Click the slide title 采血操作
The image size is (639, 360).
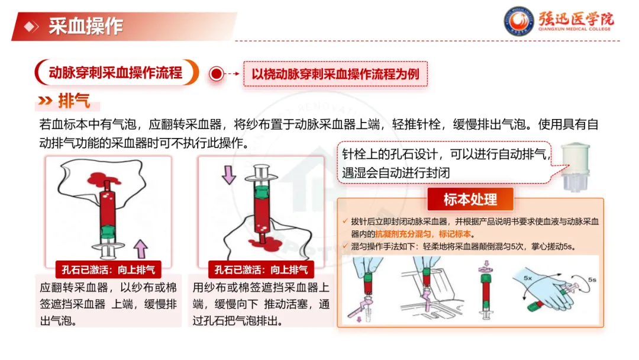[x=86, y=26]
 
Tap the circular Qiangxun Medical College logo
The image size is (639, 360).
[x=519, y=21]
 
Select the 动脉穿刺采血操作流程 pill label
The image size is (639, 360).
[x=117, y=73]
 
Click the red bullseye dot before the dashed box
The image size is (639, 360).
[x=217, y=74]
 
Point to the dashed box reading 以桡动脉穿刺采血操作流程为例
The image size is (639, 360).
[x=335, y=74]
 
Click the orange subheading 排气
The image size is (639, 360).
[x=74, y=101]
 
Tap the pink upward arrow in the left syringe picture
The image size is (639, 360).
[x=141, y=248]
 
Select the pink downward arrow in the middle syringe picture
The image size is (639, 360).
[x=228, y=175]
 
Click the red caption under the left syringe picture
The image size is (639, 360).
[x=108, y=269]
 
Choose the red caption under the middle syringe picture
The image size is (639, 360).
[x=262, y=269]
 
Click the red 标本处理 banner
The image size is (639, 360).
[x=470, y=200]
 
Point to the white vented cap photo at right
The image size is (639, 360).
[x=575, y=166]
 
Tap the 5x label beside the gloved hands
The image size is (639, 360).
[x=528, y=278]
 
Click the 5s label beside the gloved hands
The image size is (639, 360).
[x=592, y=279]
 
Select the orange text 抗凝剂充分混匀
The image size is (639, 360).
[x=403, y=234]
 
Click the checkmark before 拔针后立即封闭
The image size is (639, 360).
[x=345, y=221]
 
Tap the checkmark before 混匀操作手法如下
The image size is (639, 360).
[x=345, y=246]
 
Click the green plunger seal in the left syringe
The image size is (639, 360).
[x=108, y=231]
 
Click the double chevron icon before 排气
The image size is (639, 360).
[x=45, y=101]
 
